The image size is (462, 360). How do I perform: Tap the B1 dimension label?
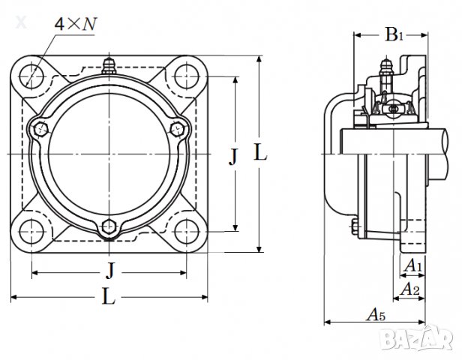[x=394, y=34]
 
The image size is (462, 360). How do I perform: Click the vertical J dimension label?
[x=233, y=157]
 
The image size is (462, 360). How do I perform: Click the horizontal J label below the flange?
[x=110, y=270]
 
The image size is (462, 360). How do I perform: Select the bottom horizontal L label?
[x=109, y=298]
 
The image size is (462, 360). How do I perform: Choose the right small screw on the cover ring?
[x=178, y=129]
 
